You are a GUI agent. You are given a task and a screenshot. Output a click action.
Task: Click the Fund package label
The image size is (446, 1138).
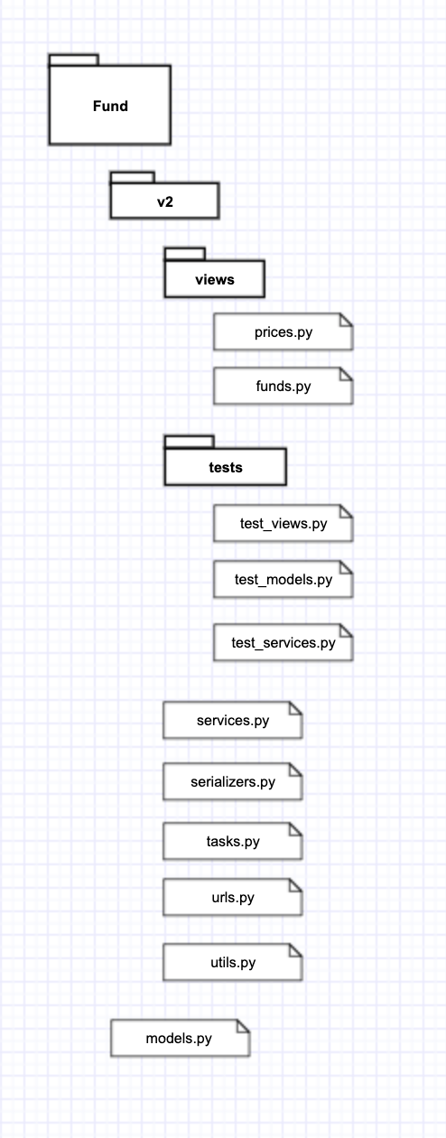(x=110, y=106)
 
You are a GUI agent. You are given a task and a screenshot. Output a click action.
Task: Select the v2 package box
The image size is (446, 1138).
(x=164, y=201)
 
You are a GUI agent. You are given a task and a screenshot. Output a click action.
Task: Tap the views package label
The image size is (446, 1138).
(x=214, y=280)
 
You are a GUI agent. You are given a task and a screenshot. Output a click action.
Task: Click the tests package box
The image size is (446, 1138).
(x=225, y=468)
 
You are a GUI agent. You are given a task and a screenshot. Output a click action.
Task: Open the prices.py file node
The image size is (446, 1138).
(x=283, y=332)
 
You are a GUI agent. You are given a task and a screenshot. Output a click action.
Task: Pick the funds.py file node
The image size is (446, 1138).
(x=283, y=387)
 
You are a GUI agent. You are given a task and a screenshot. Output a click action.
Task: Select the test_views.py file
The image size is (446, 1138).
(x=283, y=524)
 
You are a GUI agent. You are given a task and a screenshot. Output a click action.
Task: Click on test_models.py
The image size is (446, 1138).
(x=283, y=580)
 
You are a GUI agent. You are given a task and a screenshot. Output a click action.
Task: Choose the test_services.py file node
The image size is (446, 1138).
(x=283, y=643)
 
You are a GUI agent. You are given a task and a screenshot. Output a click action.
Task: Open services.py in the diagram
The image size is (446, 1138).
(x=232, y=721)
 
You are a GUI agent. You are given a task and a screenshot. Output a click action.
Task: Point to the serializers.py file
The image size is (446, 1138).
(x=232, y=782)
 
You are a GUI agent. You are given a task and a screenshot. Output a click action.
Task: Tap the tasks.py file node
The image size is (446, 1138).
(x=232, y=842)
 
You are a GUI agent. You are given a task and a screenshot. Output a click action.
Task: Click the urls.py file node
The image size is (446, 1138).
(x=232, y=898)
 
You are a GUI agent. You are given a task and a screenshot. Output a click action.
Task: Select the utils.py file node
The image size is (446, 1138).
(x=232, y=963)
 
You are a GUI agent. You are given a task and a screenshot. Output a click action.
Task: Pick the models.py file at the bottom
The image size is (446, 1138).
(x=179, y=1039)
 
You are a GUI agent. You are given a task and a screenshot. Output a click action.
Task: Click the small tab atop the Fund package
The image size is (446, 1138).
(x=73, y=60)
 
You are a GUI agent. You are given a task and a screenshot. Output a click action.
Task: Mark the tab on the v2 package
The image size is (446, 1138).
(x=132, y=177)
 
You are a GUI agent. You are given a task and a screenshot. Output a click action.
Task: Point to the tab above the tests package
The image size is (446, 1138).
(x=189, y=442)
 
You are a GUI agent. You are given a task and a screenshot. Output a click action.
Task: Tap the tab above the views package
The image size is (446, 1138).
(x=184, y=254)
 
